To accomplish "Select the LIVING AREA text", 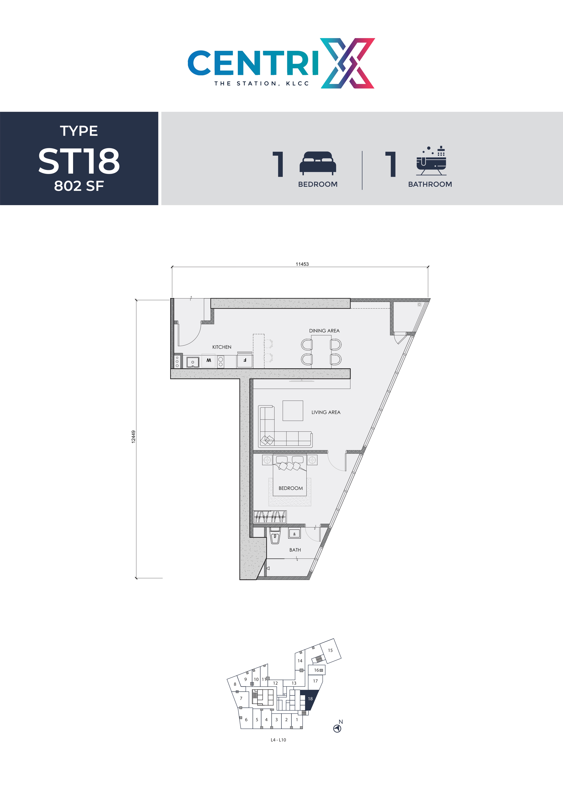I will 326,412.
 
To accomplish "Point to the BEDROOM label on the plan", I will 290,488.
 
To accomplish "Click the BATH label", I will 295,550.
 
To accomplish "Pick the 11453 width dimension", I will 302,264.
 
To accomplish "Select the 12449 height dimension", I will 133,437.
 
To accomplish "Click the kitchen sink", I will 193,362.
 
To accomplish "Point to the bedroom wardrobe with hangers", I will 270,517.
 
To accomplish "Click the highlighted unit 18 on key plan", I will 310,699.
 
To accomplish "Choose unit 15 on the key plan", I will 330,650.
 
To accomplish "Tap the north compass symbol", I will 337,728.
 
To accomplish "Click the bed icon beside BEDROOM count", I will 317,163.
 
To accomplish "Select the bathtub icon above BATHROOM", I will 431,161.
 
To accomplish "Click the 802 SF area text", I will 79,186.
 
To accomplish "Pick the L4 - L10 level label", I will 278,740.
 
